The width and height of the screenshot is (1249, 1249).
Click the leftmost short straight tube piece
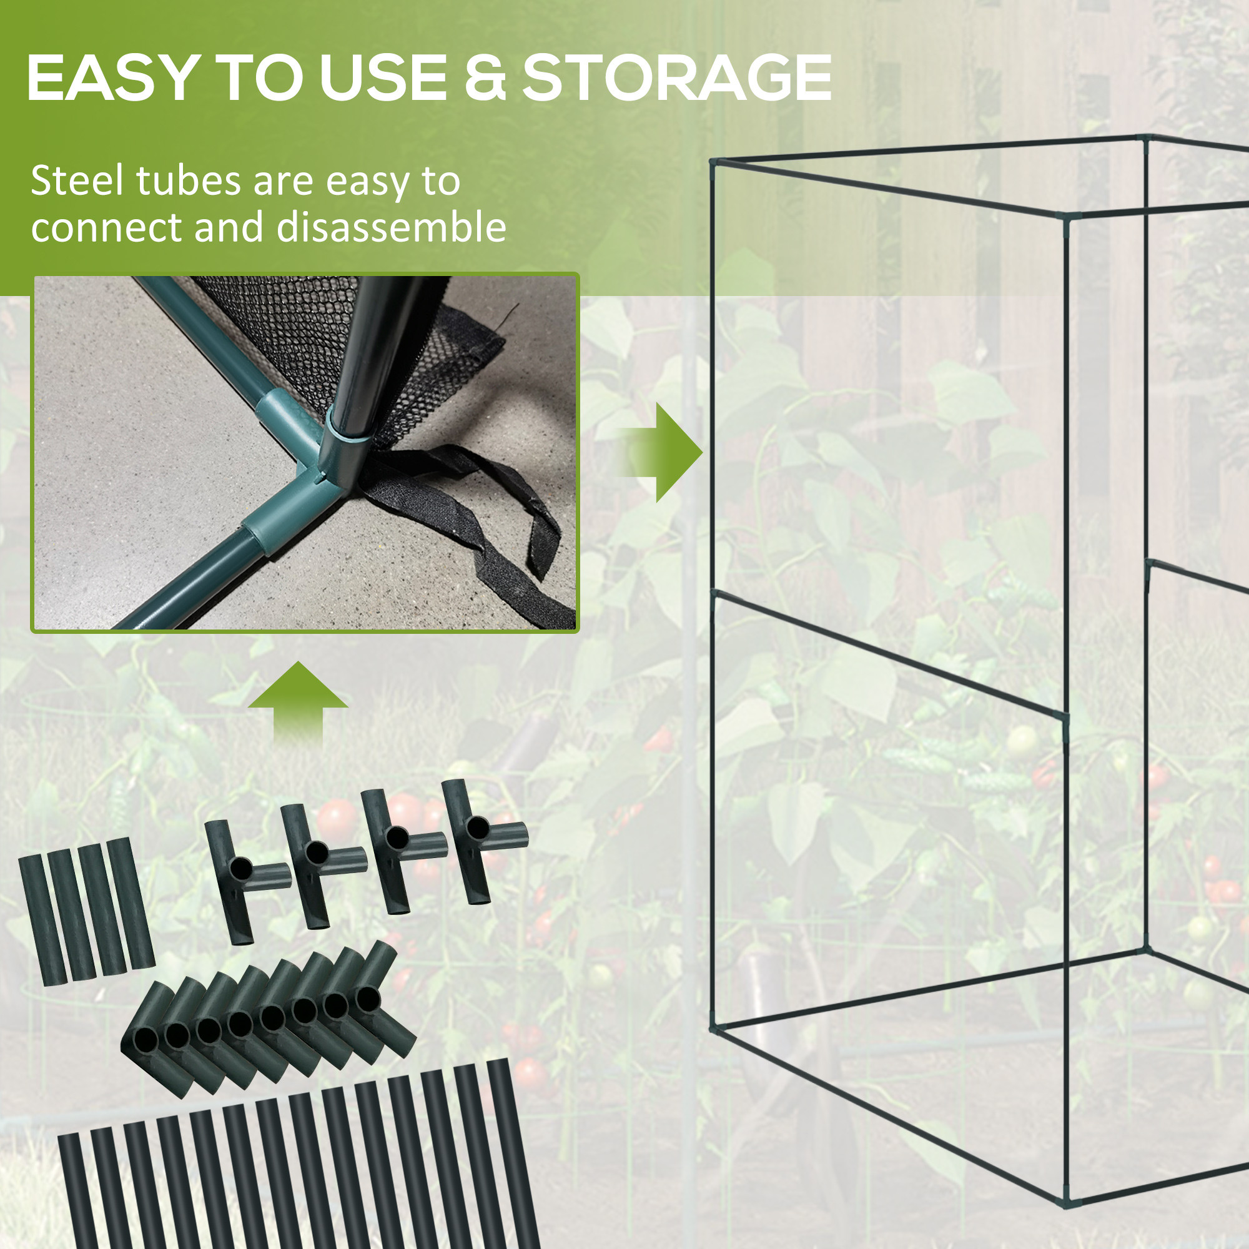[42, 920]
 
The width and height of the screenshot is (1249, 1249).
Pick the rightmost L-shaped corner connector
[381, 999]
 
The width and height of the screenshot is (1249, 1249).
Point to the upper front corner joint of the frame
[1065, 216]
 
